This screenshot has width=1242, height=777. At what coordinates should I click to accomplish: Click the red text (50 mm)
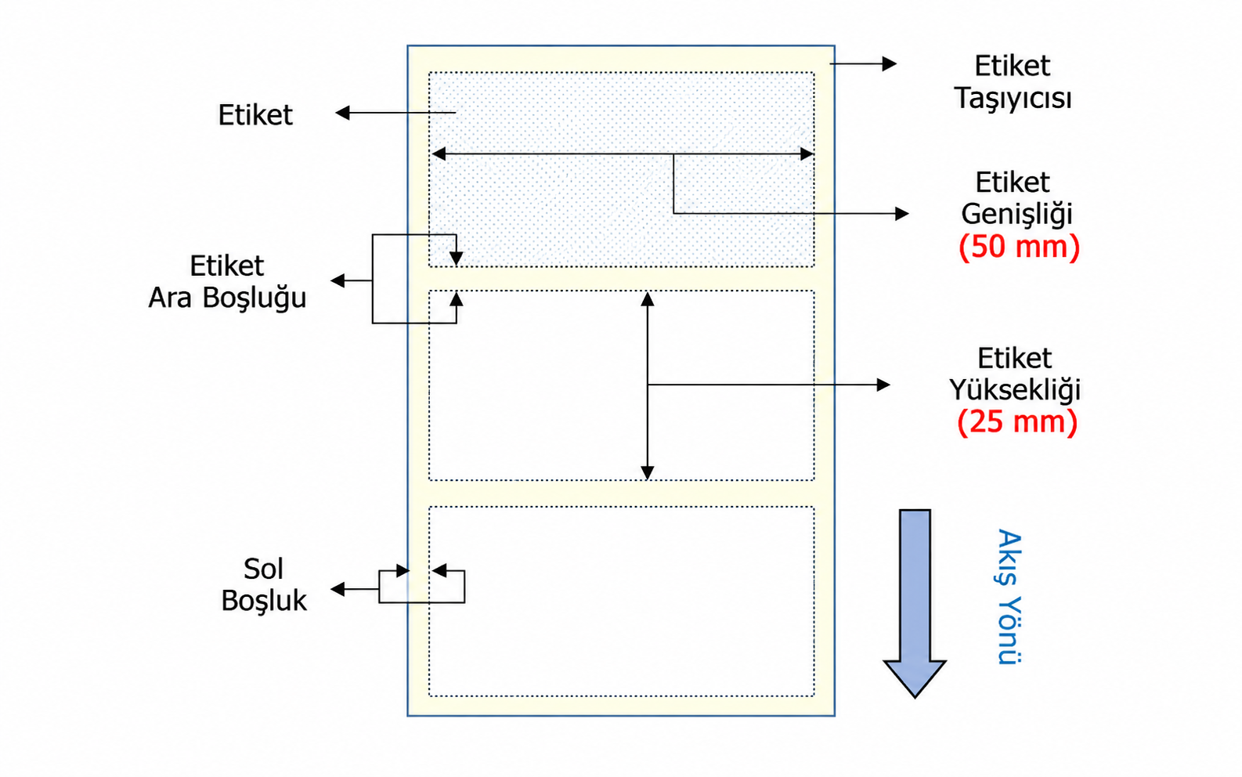pyautogui.click(x=1019, y=247)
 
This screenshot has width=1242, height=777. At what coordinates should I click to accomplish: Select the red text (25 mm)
pyautogui.click(x=1017, y=422)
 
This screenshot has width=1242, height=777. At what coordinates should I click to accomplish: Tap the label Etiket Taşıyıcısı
pyautogui.click(x=1013, y=82)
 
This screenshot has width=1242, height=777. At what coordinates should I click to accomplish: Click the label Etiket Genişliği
pyautogui.click(x=1017, y=198)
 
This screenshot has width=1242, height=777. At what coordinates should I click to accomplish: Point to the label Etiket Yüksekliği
pyautogui.click(x=1015, y=374)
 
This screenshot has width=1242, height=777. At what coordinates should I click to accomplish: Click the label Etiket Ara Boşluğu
pyautogui.click(x=227, y=282)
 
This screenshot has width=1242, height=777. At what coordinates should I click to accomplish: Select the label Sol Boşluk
pyautogui.click(x=263, y=584)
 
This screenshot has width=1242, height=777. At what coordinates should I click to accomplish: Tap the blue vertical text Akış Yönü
pyautogui.click(x=1009, y=597)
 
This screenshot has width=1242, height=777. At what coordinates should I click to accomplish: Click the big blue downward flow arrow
pyautogui.click(x=915, y=603)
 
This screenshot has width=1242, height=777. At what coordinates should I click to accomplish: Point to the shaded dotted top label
pyautogui.click(x=622, y=169)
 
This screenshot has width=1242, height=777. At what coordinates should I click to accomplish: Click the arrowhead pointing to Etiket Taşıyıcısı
pyautogui.click(x=890, y=63)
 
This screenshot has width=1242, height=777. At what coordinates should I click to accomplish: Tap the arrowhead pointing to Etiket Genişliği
pyautogui.click(x=901, y=214)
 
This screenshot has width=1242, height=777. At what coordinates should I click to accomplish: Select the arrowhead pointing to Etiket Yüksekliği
pyautogui.click(x=883, y=385)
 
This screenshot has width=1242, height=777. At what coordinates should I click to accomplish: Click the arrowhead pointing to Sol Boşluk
pyautogui.click(x=338, y=589)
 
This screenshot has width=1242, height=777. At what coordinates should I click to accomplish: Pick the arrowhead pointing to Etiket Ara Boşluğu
pyautogui.click(x=338, y=280)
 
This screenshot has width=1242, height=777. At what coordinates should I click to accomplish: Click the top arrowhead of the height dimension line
pyautogui.click(x=647, y=299)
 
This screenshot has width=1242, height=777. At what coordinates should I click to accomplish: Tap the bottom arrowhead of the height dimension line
pyautogui.click(x=647, y=472)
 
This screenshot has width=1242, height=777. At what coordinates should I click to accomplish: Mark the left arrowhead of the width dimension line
pyautogui.click(x=439, y=154)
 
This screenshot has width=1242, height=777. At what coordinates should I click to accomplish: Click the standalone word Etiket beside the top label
pyautogui.click(x=255, y=115)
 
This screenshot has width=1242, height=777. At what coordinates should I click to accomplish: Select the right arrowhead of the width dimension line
pyautogui.click(x=807, y=154)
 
